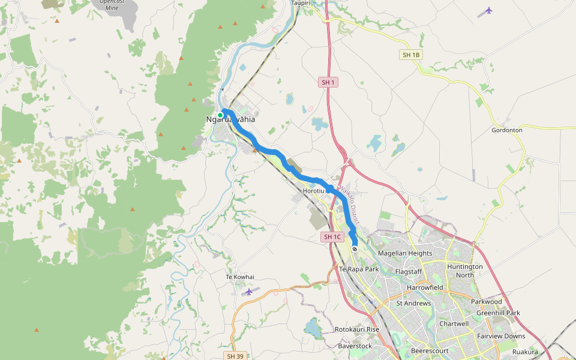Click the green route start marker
(x=220, y=115)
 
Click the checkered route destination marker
(x=355, y=249)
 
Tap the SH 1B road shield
(x=411, y=55)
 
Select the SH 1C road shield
(x=332, y=237)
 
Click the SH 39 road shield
(x=235, y=356)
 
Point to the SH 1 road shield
(x=328, y=82)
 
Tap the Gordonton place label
(x=507, y=130)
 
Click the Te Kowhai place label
(x=240, y=277)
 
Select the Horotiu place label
(x=314, y=191)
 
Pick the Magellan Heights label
(x=405, y=253)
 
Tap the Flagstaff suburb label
(x=409, y=272)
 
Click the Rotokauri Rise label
(x=357, y=330)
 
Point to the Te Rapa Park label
(x=359, y=269)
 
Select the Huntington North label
(x=465, y=271)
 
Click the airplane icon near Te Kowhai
(x=249, y=292)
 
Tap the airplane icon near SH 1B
(x=489, y=10)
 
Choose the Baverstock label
(x=355, y=346)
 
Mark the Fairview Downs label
(x=501, y=336)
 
